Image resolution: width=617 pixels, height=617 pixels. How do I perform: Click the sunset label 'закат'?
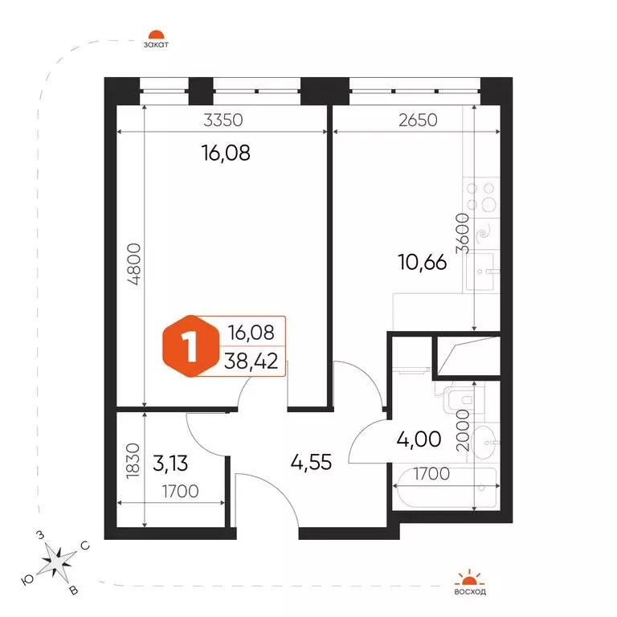[156, 44]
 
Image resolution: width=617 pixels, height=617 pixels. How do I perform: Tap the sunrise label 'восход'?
[470, 592]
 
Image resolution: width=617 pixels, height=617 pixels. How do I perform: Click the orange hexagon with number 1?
[191, 346]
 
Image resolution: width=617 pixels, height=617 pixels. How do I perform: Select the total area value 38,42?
[251, 361]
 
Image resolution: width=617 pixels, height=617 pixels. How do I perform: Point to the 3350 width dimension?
[223, 120]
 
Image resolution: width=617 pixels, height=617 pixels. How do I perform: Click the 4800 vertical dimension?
[134, 264]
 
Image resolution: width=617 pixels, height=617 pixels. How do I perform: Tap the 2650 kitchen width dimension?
[418, 120]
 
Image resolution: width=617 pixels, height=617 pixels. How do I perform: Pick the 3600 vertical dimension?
[463, 233]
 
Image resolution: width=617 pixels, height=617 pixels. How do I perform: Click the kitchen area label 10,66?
[423, 262]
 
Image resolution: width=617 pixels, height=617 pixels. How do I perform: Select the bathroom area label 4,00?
[419, 439]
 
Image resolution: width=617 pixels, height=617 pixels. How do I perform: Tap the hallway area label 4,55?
[311, 462]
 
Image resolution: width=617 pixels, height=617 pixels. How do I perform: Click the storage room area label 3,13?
[170, 463]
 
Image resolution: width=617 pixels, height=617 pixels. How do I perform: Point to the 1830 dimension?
[133, 461]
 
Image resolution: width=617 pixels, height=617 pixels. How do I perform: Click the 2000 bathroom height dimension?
[463, 430]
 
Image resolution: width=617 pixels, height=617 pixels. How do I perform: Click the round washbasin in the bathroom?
[483, 443]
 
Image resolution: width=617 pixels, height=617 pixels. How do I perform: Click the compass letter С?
[85, 545]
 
